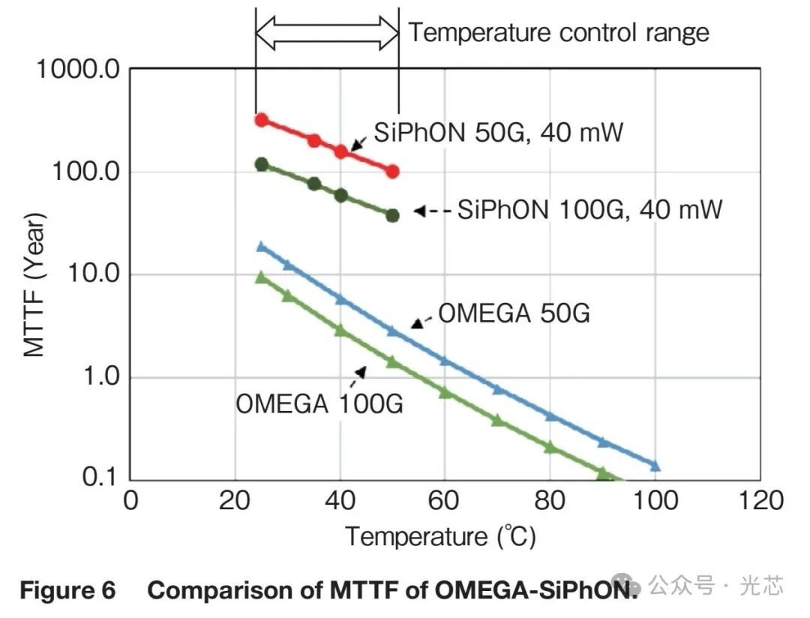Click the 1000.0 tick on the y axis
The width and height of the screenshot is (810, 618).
tap(78, 69)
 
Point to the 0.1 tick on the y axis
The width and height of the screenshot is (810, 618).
tap(100, 476)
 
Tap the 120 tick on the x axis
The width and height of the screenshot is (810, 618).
tap(761, 501)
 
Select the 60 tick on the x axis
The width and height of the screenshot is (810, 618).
tap(443, 501)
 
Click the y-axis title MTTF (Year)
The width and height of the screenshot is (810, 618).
tap(34, 284)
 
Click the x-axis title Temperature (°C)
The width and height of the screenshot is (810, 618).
tap(441, 536)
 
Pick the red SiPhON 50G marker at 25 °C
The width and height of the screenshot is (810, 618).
tap(262, 121)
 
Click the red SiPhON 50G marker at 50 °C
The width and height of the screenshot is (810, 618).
tap(392, 172)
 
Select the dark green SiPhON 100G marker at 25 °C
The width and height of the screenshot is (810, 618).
tap(262, 165)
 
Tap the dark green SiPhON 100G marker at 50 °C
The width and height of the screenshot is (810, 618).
tap(392, 215)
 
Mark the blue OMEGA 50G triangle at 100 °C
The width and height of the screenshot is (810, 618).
tap(655, 466)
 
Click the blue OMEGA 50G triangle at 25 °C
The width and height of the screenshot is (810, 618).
tap(262, 247)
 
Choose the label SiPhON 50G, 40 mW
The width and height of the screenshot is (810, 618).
tap(499, 132)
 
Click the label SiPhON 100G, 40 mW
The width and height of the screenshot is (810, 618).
tap(590, 210)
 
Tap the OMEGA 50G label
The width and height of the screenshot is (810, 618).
tap(514, 313)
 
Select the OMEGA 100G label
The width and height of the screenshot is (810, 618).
tap(319, 403)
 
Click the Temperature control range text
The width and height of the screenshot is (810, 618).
tap(559, 32)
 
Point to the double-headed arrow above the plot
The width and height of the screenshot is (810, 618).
tap(328, 33)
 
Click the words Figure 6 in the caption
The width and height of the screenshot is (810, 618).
tap(67, 590)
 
